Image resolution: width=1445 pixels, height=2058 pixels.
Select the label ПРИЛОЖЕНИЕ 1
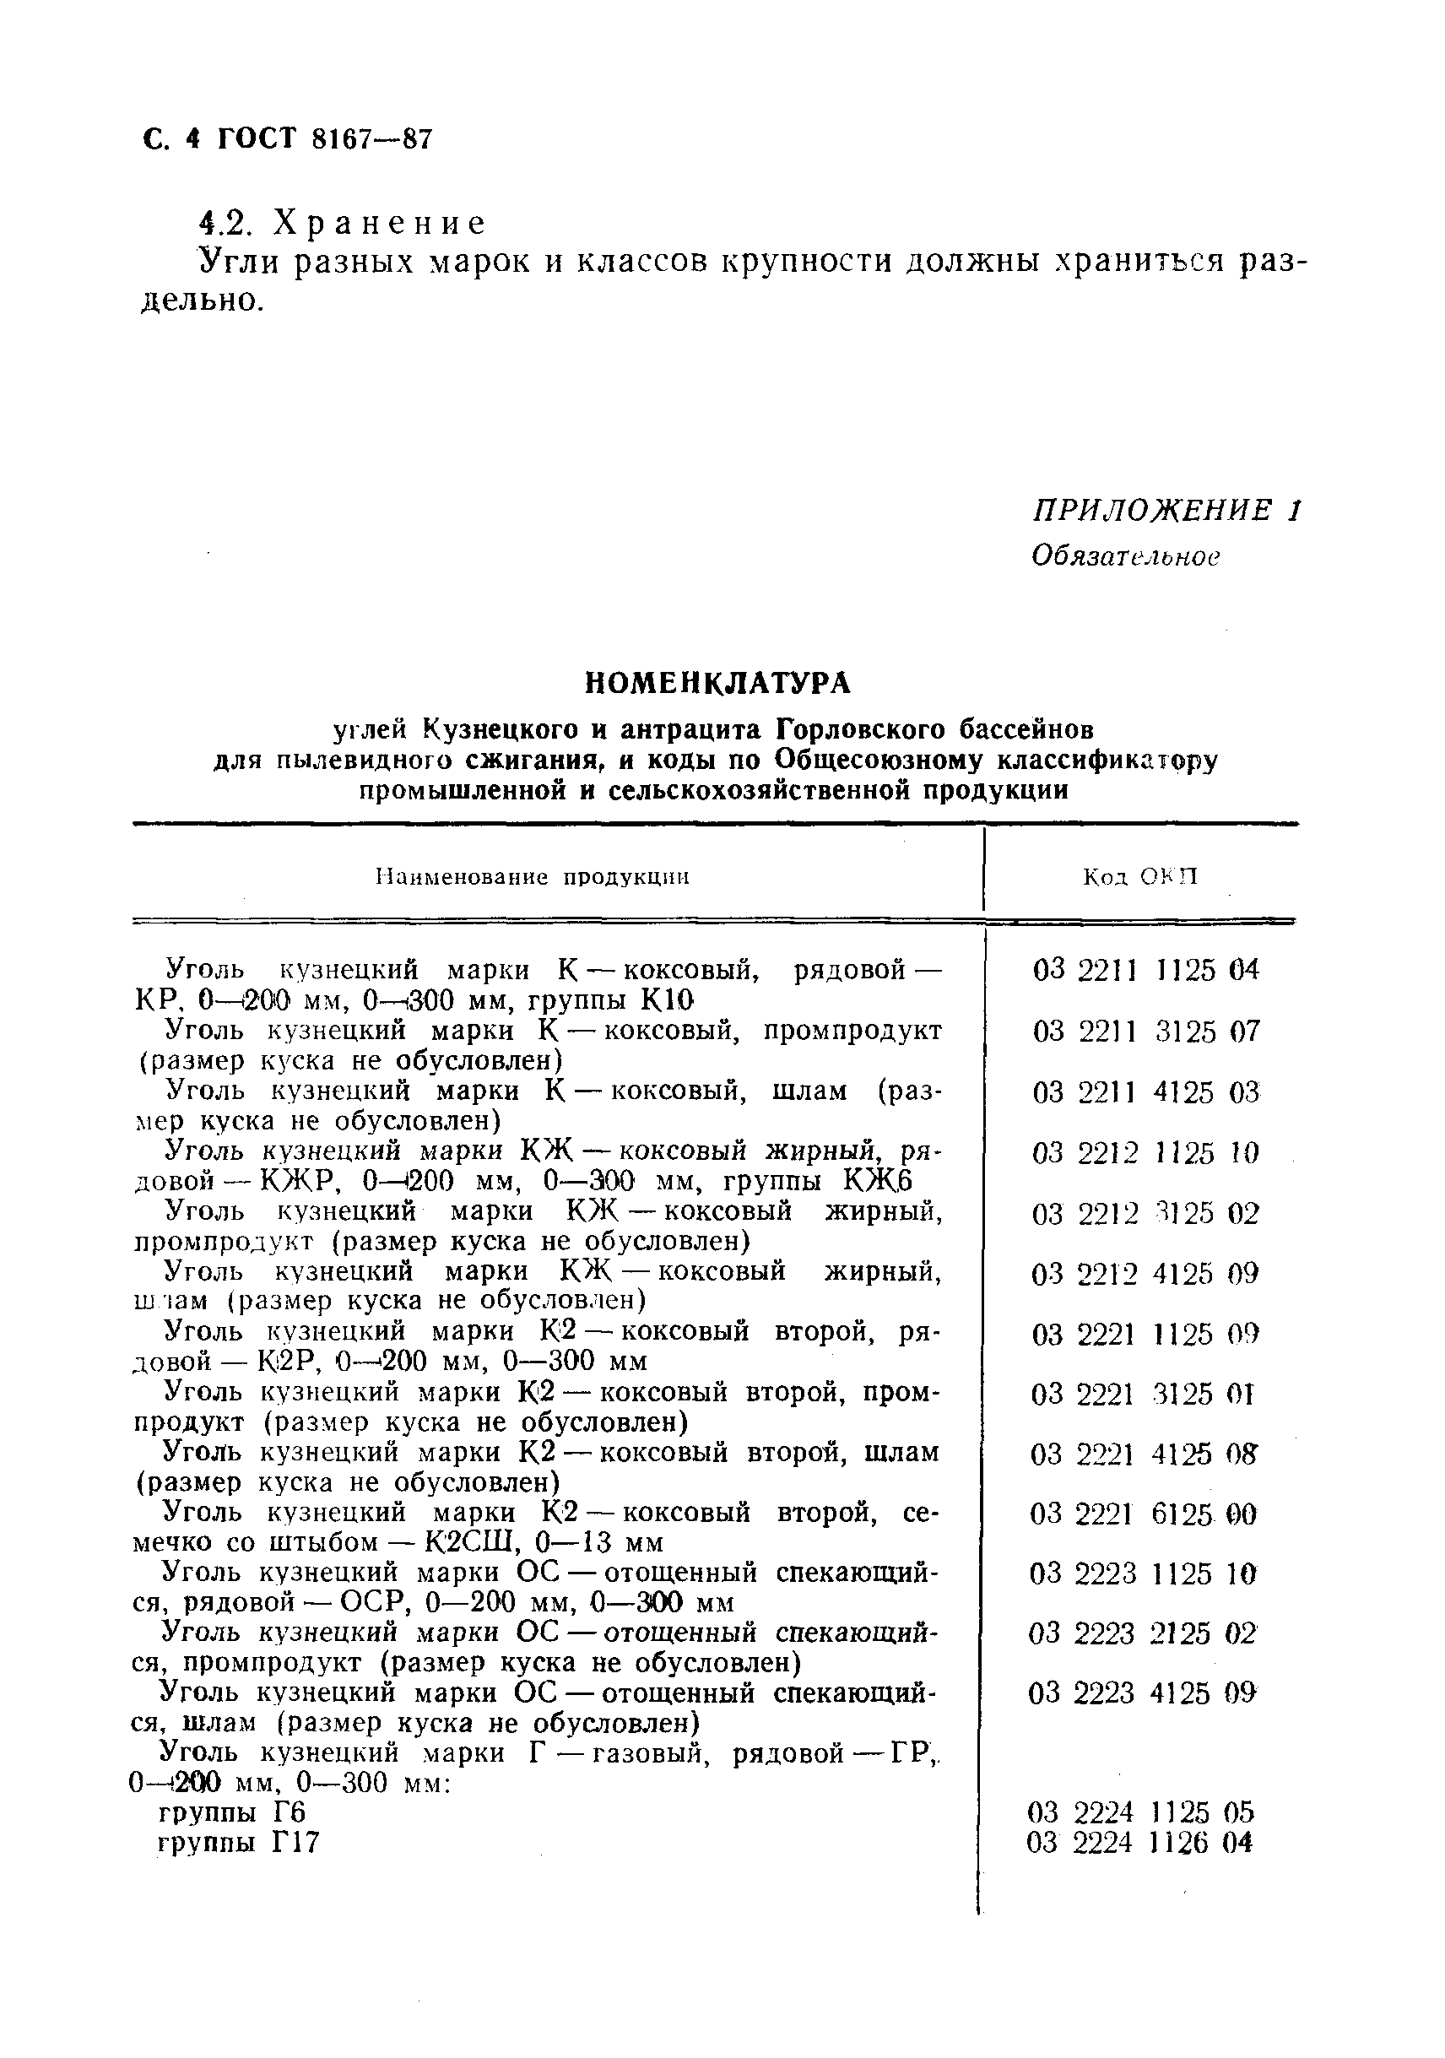pos(1166,511)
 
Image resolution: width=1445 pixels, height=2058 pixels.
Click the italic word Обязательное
pos(1126,556)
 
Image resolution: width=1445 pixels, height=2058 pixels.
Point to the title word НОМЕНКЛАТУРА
pos(717,683)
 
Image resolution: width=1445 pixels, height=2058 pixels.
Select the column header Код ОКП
pos(1140,876)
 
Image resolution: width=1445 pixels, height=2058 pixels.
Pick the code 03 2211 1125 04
pos(1145,970)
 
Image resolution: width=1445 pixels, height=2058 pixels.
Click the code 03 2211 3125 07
pos(1145,1031)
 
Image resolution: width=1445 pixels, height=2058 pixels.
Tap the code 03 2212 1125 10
pos(1145,1151)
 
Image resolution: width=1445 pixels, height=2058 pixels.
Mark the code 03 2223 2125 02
pos(1144,1634)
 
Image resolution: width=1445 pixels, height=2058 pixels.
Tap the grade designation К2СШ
pos(467,1542)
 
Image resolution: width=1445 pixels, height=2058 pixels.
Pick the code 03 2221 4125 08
pos(1144,1454)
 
